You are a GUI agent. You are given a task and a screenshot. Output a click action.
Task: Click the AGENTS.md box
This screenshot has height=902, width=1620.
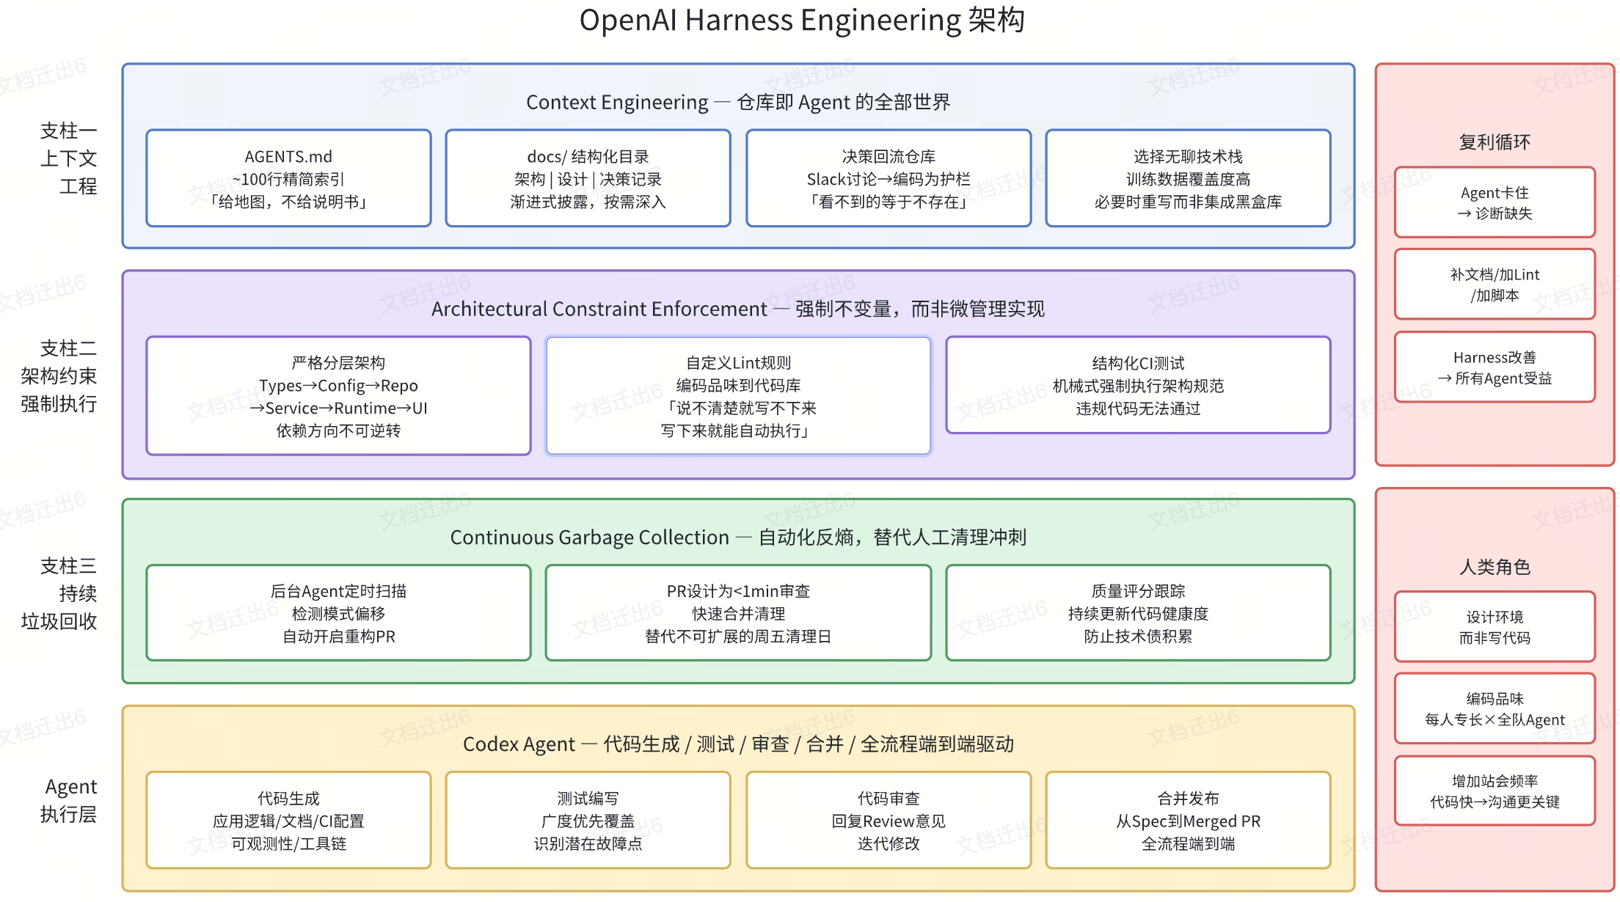288,178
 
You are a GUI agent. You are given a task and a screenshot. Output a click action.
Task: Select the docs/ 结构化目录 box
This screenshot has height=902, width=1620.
588,178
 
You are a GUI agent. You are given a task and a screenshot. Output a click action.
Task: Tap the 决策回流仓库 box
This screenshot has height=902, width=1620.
889,178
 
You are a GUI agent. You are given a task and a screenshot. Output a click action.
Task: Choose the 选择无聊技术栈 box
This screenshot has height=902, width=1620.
1188,178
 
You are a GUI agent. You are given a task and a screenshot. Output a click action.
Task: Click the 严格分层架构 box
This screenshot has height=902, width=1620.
338,396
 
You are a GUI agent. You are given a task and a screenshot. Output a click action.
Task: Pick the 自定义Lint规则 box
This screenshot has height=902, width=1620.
738,396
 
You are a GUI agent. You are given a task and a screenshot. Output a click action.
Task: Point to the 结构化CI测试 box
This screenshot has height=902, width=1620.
1138,385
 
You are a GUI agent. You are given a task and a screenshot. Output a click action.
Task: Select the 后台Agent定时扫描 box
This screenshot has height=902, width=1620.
338,613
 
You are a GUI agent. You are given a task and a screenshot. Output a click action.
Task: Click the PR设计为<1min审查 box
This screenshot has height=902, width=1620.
738,613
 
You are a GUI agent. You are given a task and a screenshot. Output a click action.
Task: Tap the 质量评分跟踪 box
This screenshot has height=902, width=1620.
1138,613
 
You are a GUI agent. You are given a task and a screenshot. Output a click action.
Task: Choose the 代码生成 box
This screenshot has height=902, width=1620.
288,820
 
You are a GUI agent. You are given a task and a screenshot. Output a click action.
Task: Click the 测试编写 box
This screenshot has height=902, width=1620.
588,820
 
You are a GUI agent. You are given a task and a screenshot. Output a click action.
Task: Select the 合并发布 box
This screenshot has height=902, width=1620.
1188,820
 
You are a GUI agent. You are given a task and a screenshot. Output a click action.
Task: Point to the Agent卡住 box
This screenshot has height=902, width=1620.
1495,202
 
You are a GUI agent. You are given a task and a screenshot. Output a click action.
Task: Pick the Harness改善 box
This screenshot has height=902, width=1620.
1495,367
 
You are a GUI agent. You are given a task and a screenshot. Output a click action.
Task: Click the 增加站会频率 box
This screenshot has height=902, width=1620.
1495,791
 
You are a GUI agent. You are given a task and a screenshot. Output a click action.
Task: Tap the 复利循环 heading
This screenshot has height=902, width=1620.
1495,142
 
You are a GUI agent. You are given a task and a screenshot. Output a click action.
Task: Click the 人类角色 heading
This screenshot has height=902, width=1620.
1495,567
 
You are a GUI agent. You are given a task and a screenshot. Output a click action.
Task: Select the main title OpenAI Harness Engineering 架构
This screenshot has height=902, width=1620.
802,20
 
